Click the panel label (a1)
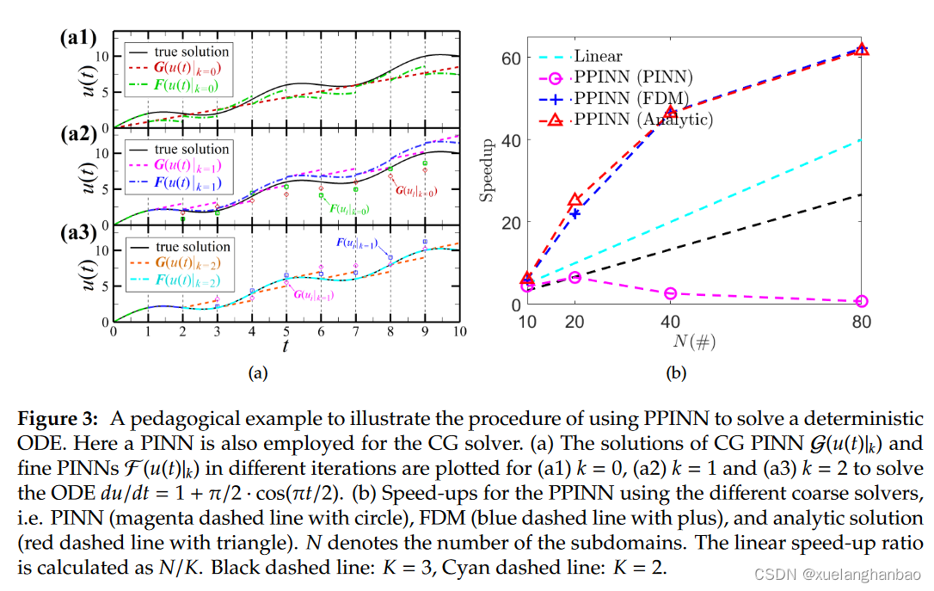click(77, 38)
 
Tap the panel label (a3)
click(77, 233)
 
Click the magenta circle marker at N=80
click(862, 301)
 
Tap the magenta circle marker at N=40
click(671, 293)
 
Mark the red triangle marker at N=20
click(575, 201)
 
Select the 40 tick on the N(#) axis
click(671, 321)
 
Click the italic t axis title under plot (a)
click(285, 345)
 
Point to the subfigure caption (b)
click(675, 373)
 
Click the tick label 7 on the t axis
click(354, 332)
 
